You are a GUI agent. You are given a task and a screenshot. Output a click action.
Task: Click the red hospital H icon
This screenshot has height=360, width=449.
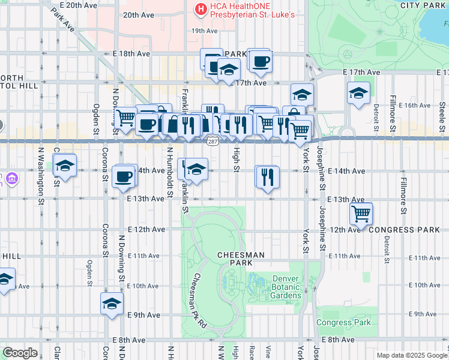[x=200, y=8]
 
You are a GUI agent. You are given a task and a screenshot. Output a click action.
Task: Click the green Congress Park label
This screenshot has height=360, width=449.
[x=344, y=323]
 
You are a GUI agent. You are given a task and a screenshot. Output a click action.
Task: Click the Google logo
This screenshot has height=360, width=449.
[x=20, y=352]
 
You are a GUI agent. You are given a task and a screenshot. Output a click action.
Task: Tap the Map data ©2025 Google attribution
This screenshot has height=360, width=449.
[x=412, y=355]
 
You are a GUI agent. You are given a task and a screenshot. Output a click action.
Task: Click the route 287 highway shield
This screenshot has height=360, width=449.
[x=212, y=142]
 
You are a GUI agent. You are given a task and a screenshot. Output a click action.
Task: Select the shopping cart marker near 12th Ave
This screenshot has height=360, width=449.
[x=361, y=213]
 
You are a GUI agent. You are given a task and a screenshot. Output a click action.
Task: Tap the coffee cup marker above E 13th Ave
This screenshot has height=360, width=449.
[x=124, y=176]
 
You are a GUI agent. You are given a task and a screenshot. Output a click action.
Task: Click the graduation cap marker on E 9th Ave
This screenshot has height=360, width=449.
[x=112, y=304]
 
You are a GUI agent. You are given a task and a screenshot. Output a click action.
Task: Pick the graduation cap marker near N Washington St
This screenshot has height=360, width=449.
[x=65, y=166]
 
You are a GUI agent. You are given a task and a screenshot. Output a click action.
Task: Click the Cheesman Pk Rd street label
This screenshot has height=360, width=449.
[x=199, y=299]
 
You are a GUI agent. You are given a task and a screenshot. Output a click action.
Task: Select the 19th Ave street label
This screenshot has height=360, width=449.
[x=204, y=31]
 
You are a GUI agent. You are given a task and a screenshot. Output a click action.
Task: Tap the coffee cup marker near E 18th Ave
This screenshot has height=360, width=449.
[x=260, y=61]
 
